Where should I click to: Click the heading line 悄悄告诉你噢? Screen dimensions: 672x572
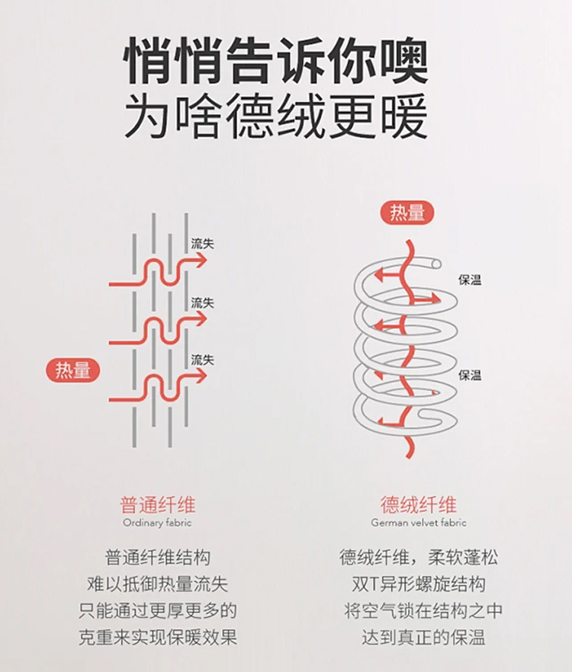[x=275, y=60]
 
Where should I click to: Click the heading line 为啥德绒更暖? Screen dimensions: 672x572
[x=275, y=117]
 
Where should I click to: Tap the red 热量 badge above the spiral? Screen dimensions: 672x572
[x=407, y=213]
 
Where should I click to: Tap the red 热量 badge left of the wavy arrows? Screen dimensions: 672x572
[x=72, y=370]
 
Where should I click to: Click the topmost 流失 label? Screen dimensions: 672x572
[x=202, y=245]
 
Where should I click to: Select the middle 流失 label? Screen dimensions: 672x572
[x=202, y=302]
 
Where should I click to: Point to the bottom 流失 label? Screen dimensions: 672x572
[x=202, y=360]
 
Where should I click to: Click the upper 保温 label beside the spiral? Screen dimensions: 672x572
[x=470, y=280]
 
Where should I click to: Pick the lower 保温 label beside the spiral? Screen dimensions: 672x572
[x=470, y=375]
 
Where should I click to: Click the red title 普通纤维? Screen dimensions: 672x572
[x=157, y=504]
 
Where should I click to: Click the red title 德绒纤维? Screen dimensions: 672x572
[x=419, y=504]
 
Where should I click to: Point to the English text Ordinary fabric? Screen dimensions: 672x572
[x=157, y=523]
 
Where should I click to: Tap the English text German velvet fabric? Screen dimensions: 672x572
[x=419, y=523]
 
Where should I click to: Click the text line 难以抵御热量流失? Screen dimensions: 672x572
[x=157, y=584]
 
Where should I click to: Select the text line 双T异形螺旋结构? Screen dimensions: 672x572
[x=419, y=584]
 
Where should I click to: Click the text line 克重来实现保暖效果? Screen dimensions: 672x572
[x=157, y=636]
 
